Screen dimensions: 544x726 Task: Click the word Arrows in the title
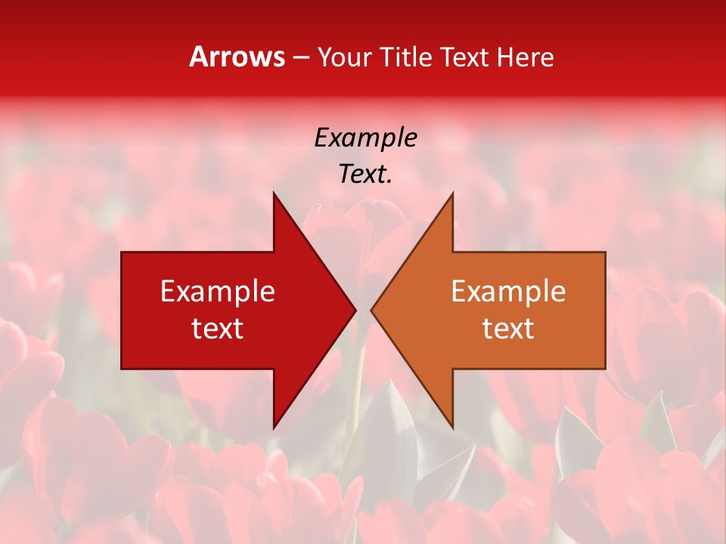click(237, 57)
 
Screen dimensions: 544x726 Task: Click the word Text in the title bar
click(464, 57)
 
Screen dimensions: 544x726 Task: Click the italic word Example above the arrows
click(365, 138)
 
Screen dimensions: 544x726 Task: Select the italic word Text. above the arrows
click(365, 174)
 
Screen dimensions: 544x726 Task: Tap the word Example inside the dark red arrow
click(218, 292)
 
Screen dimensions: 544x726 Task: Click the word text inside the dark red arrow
click(218, 329)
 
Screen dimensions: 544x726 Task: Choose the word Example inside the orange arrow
click(508, 292)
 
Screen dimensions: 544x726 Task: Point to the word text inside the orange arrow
click(508, 329)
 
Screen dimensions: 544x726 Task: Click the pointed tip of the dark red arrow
click(355, 310)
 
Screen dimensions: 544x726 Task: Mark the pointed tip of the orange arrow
click(371, 310)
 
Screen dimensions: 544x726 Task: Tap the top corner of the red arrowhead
click(274, 193)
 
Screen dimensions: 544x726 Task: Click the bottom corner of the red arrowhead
click(274, 428)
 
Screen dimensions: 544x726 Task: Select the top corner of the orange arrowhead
click(452, 193)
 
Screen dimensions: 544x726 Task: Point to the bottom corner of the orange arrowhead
click(452, 428)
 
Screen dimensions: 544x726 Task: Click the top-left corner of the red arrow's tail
click(122, 252)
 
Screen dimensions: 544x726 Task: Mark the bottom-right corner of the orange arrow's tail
click(605, 369)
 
